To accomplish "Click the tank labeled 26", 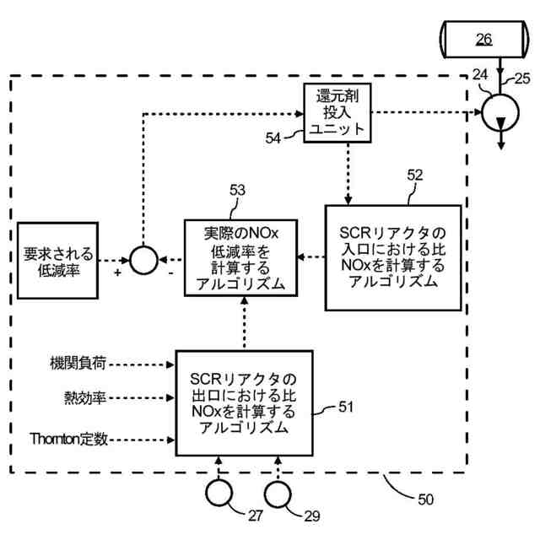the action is point(483,40).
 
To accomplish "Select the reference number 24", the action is point(480,75).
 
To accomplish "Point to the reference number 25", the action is point(522,78).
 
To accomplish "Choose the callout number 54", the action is point(273,138).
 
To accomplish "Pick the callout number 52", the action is point(414,175).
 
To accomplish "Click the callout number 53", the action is point(238,190).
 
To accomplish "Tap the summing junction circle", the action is point(130,261).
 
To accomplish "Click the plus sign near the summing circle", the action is point(118,273).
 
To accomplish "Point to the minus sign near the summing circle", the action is point(170,273).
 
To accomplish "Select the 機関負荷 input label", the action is point(78,364).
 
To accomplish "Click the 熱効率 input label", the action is point(84,398).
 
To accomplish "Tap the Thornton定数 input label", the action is point(68,439).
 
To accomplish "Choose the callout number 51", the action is point(346,407).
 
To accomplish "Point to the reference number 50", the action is point(425,499).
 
